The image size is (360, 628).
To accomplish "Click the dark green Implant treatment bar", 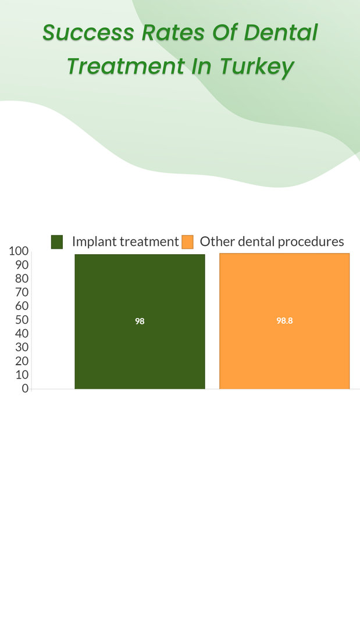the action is [140, 321].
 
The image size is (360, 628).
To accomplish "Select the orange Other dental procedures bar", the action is [284, 321].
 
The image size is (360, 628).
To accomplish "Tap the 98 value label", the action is [140, 321].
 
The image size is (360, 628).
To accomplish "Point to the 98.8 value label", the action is [284, 321].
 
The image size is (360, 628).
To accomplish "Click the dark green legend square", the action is [57, 242].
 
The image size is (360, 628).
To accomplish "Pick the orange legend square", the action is [187, 242].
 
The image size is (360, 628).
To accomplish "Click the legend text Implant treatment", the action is [126, 241].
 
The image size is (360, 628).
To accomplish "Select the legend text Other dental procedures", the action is [272, 241].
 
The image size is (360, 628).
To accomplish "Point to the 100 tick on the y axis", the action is [19, 251].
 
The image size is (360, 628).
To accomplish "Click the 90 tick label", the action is [22, 265].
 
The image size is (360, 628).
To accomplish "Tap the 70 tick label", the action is [22, 292].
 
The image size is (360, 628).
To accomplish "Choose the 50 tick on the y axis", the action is [22, 320].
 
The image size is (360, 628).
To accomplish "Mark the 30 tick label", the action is [22, 347].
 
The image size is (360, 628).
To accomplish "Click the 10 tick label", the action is [22, 375].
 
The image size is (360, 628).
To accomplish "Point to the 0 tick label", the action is [25, 388].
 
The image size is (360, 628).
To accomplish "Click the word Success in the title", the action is [88, 33].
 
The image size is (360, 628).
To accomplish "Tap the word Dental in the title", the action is [281, 32].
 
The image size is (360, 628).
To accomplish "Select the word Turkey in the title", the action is [257, 66].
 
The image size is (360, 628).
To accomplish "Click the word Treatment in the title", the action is [126, 66].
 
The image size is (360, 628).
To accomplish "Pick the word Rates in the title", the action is [173, 33].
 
